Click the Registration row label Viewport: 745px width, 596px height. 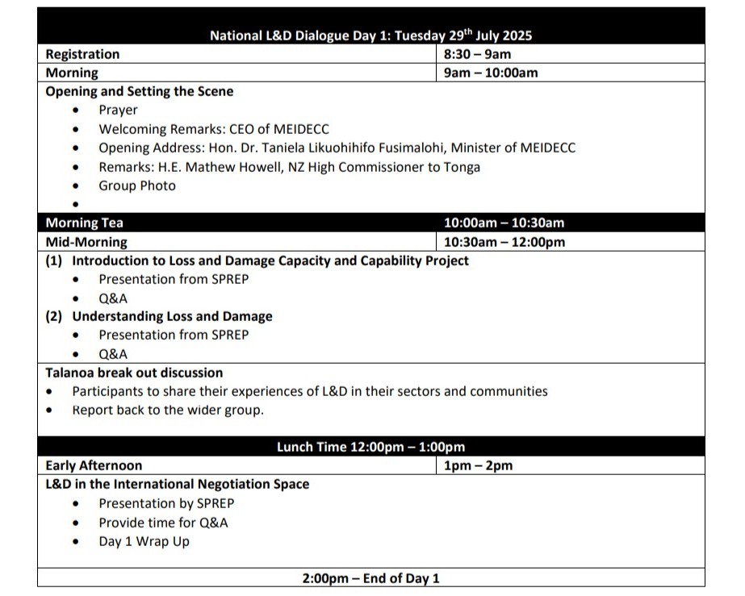(82, 55)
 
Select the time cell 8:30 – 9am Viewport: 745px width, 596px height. (477, 55)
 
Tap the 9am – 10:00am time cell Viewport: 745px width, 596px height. (491, 73)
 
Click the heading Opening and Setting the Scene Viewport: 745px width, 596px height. (140, 92)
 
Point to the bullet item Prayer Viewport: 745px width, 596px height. (118, 110)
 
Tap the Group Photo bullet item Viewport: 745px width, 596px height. (137, 186)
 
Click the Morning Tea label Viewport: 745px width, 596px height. (85, 223)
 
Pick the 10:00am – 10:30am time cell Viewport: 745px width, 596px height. (504, 223)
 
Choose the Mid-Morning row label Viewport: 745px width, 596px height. (86, 242)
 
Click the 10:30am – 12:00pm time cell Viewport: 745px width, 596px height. (504, 242)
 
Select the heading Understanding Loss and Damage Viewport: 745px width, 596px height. (172, 317)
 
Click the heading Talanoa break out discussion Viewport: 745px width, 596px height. (134, 373)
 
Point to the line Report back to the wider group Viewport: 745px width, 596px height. (168, 411)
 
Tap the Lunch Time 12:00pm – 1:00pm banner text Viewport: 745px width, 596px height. (370, 448)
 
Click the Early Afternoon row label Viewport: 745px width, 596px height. (94, 466)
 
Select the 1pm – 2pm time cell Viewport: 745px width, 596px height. (478, 466)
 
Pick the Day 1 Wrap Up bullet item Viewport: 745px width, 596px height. (144, 542)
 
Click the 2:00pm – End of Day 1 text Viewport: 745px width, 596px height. (370, 578)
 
